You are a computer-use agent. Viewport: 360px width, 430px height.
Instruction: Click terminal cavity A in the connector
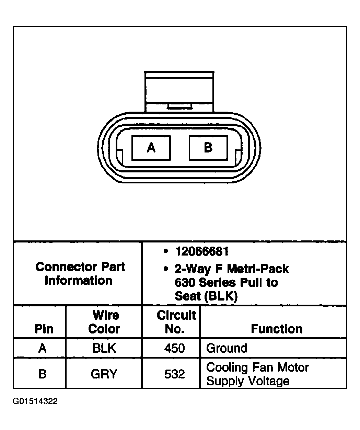coord(151,148)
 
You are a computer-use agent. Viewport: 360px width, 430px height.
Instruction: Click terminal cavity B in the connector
coord(208,148)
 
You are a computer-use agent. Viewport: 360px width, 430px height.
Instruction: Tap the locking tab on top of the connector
coord(179,92)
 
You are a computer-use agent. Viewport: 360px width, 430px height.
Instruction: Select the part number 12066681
coord(202,251)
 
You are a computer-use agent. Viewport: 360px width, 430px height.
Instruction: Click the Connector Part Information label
coord(80,274)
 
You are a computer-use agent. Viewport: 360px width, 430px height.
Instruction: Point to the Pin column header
coord(44,329)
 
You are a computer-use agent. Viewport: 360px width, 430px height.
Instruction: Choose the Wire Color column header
coord(104,322)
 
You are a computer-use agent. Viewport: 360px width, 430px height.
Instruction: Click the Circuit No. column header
coord(176,322)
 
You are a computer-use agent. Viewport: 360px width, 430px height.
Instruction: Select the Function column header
coord(277,329)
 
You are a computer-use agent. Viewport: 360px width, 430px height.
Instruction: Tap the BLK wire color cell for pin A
coord(104,348)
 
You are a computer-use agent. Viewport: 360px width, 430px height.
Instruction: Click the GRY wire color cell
coord(104,374)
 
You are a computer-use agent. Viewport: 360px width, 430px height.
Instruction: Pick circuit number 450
coord(175,348)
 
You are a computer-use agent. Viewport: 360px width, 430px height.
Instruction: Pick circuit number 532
coord(175,374)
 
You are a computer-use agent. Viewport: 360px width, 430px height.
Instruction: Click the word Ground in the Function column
coord(227,348)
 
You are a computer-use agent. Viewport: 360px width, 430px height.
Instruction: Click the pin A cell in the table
coord(43,348)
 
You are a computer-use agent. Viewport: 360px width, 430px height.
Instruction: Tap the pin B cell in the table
coord(43,374)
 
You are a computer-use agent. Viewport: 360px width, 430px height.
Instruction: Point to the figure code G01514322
coord(35,401)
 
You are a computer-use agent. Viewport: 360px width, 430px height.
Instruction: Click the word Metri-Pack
coord(258,269)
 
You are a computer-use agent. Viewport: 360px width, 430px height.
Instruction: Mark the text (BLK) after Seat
coord(221,296)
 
